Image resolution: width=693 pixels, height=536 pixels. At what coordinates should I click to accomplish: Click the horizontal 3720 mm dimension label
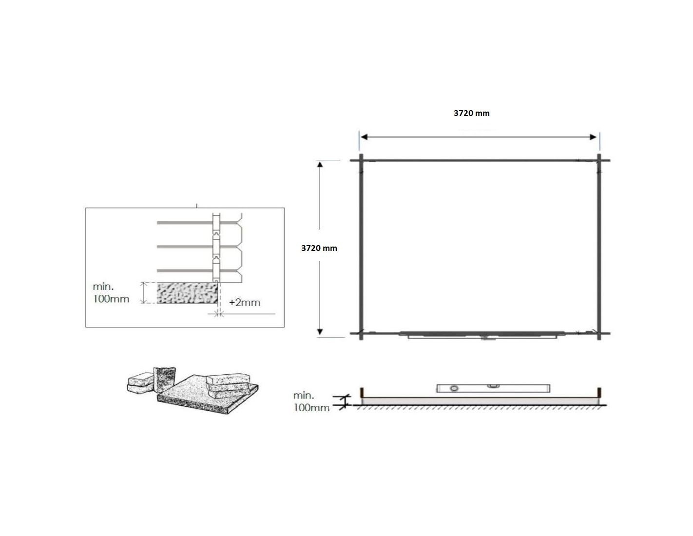[471, 113]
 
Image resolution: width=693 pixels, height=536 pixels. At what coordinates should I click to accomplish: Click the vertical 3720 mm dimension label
[319, 248]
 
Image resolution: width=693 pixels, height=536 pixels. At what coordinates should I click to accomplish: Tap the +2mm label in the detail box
[244, 302]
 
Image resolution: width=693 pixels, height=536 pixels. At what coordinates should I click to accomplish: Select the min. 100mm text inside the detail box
[111, 293]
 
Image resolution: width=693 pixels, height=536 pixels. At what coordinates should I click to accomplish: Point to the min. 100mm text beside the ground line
[311, 402]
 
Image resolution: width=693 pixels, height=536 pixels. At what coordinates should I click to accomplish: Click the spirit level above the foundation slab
[493, 388]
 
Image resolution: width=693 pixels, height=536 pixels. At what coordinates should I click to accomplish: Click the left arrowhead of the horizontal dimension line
[364, 137]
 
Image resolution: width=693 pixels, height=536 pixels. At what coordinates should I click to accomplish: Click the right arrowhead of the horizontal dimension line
[593, 137]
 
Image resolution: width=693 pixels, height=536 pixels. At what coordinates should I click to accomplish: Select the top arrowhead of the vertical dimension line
[320, 164]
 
